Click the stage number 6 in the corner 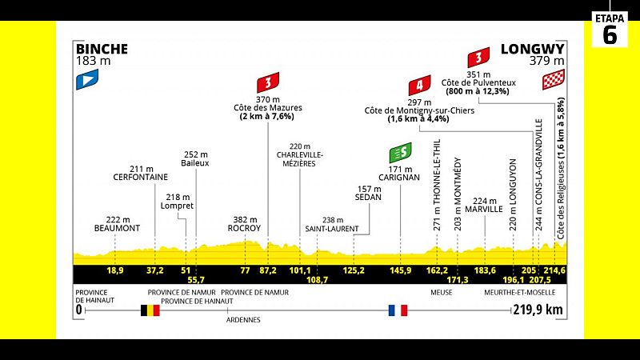point(610,36)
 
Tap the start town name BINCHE point(102,48)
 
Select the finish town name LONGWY point(533,48)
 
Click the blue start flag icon point(86,78)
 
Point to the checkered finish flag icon point(554,79)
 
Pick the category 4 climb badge point(418,86)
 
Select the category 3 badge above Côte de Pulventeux point(478,58)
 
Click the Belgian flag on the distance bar point(150,310)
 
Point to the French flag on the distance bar point(398,310)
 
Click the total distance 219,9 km point(538,310)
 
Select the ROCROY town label point(244,228)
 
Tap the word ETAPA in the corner point(610,16)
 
